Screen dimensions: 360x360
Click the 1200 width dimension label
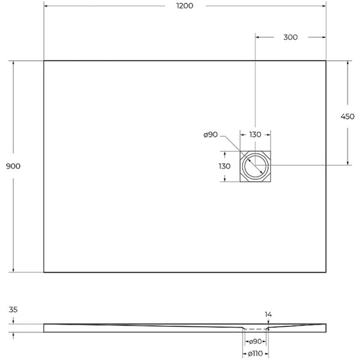pos(185,5)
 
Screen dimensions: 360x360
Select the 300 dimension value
pos(290,37)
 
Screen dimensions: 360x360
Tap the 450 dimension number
pos(347,116)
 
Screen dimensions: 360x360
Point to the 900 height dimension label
pos(14,166)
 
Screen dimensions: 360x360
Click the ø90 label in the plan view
pos(210,135)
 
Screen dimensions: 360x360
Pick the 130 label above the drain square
pos(255,135)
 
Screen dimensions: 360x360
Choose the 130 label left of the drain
pos(224,166)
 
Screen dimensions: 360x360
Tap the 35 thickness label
pos(14,310)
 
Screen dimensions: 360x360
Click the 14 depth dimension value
pos(268,314)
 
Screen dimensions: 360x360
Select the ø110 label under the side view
pos(256,354)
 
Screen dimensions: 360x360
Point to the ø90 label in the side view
pos(256,342)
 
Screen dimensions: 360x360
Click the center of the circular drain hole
pos(256,166)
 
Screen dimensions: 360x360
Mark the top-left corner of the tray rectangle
pos(44,61)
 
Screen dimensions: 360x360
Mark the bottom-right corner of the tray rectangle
pos(326,272)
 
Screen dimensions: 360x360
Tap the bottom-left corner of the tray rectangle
pos(44,272)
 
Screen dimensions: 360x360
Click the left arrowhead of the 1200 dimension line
pos(46,5)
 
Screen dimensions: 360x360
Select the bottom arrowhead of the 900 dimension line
pos(14,269)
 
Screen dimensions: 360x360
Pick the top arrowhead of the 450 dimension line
pos(347,63)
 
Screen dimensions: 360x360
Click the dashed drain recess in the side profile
pos(256,329)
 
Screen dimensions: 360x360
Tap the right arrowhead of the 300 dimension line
pos(323,37)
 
